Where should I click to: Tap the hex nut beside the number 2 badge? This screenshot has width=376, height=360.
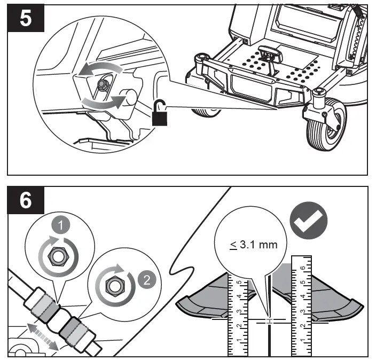113,286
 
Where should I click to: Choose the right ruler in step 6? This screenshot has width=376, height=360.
301,307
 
